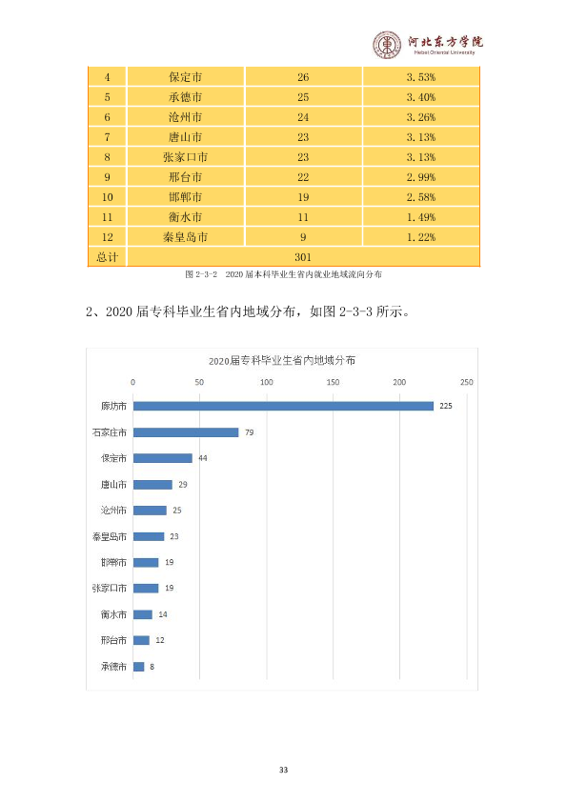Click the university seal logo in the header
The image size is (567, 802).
click(x=387, y=45)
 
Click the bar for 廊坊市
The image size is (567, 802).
click(x=284, y=406)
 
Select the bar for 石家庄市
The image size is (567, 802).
click(x=186, y=432)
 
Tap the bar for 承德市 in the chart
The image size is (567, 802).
click(x=139, y=667)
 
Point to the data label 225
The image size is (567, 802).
click(x=446, y=406)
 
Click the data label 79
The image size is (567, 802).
click(x=250, y=432)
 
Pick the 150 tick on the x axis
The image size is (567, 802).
click(x=333, y=382)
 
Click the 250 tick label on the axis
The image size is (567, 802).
click(x=466, y=382)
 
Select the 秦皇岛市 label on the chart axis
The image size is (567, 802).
click(x=109, y=536)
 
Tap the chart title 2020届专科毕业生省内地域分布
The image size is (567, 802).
click(x=282, y=361)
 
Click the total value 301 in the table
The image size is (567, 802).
click(x=303, y=257)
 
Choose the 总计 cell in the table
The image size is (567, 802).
click(x=107, y=257)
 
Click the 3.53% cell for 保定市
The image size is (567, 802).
click(x=420, y=77)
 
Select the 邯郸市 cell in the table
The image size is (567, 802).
click(x=185, y=197)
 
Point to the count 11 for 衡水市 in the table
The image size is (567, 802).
click(x=303, y=217)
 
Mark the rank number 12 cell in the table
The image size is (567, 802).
click(x=107, y=237)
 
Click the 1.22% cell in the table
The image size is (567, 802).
click(x=420, y=237)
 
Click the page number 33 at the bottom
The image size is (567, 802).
click(x=284, y=770)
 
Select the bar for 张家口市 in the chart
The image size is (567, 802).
click(x=146, y=589)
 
